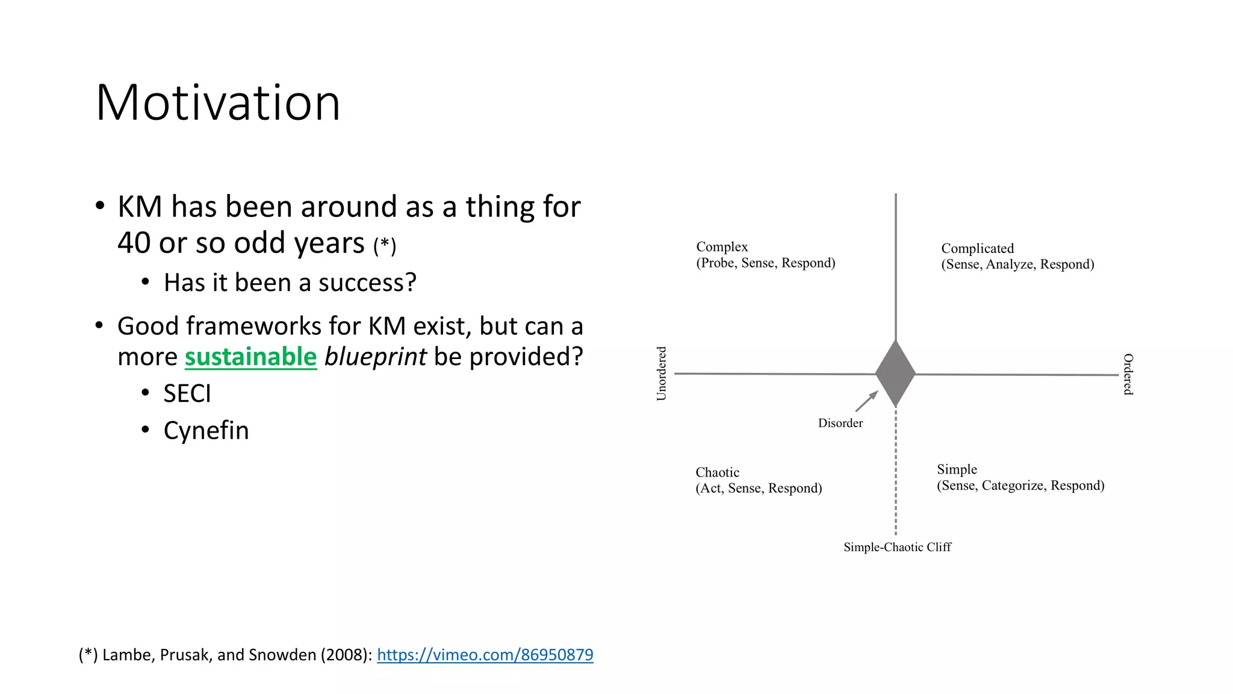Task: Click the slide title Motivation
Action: point(218,103)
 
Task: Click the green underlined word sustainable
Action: point(250,357)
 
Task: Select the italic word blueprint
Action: point(375,357)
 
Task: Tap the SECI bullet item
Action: point(187,394)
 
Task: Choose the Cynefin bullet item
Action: point(206,431)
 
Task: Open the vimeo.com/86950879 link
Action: point(485,655)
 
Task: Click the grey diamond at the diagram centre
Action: point(895,374)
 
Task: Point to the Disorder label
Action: point(840,424)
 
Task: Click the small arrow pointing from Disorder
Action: point(867,401)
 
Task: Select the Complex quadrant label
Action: point(722,247)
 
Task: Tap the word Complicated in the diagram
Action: point(977,248)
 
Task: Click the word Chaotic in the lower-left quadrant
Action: point(717,472)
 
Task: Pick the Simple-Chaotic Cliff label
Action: point(897,547)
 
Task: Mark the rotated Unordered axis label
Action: point(661,374)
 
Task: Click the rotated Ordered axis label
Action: point(1128,374)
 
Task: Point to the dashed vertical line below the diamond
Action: point(896,476)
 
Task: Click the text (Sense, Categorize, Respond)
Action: point(1020,486)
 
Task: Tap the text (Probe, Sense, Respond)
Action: point(765,263)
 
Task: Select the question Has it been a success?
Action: point(290,283)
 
